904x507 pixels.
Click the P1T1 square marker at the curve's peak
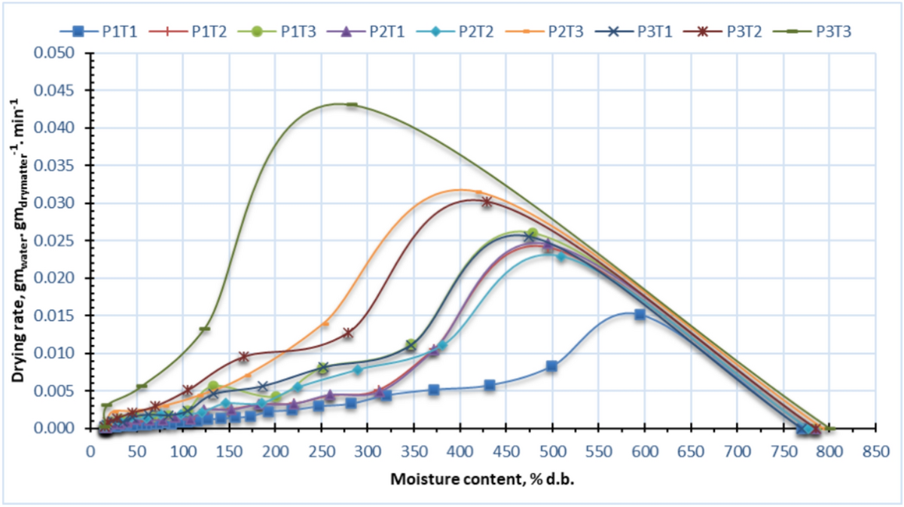(x=640, y=314)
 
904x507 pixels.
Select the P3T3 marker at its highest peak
(x=352, y=105)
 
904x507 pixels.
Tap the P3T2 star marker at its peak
(x=487, y=202)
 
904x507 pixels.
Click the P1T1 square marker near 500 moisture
(x=551, y=366)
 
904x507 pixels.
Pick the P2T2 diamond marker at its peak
(x=560, y=257)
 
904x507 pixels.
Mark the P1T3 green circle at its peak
(x=532, y=234)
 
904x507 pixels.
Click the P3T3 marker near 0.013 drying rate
(x=205, y=328)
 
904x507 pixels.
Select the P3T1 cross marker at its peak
(x=530, y=237)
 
